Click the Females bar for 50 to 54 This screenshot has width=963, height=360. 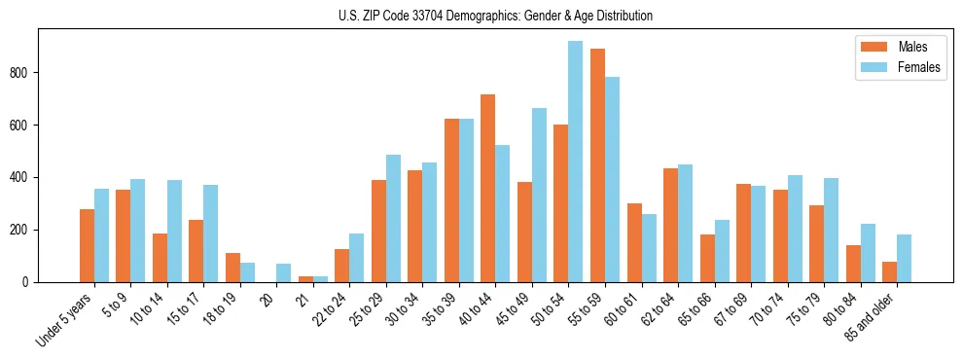(x=575, y=162)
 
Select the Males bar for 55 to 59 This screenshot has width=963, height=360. (x=597, y=165)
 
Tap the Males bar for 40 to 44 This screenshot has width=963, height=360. (x=487, y=188)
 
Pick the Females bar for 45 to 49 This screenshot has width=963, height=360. (x=539, y=195)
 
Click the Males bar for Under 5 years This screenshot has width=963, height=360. (x=87, y=245)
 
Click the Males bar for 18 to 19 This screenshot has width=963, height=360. (x=232, y=268)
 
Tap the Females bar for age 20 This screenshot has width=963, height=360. (x=283, y=272)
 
